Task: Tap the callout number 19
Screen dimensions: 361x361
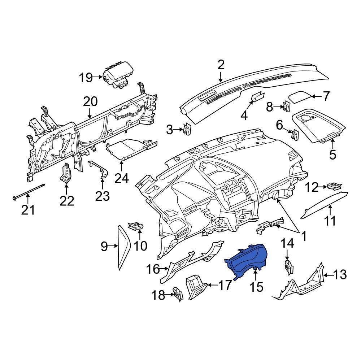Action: point(86,78)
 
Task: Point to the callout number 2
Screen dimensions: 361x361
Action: point(221,65)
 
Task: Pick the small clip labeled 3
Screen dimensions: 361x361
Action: point(187,129)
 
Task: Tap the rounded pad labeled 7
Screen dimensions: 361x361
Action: point(300,96)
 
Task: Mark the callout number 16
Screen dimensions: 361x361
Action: point(153,269)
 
